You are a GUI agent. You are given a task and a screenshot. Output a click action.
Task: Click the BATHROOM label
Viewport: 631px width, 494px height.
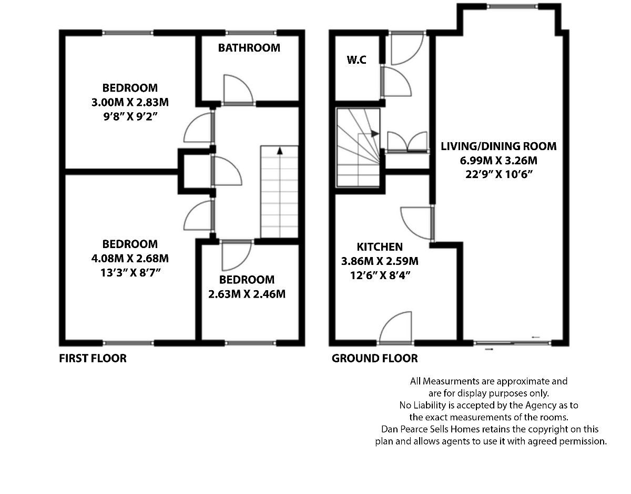[249, 48]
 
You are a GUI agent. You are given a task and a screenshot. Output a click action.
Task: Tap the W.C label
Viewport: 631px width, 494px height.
[356, 60]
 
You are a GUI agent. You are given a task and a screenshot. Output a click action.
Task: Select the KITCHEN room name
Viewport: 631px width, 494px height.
[380, 246]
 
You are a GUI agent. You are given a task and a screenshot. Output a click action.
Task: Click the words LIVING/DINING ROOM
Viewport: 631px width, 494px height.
[498, 146]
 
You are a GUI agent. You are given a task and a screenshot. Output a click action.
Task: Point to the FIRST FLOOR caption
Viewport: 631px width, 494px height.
[93, 359]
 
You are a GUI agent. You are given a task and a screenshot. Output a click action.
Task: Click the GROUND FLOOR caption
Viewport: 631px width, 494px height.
[374, 359]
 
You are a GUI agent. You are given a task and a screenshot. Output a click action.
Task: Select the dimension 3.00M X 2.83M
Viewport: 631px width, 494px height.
[130, 102]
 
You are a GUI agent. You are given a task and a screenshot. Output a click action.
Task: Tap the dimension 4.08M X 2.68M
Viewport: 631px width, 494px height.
[130, 258]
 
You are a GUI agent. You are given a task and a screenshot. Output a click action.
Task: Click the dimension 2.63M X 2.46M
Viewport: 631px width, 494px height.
[247, 294]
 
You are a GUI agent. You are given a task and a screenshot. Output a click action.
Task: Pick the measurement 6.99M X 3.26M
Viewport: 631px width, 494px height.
[498, 160]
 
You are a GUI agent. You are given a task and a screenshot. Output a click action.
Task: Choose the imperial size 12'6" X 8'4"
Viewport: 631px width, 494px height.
[380, 275]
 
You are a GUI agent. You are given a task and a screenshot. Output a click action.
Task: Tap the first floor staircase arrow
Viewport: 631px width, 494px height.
[280, 151]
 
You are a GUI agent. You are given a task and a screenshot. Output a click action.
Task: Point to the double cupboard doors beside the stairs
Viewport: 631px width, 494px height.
[407, 142]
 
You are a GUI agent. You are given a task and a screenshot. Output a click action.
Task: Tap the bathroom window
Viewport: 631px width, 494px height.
[250, 33]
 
